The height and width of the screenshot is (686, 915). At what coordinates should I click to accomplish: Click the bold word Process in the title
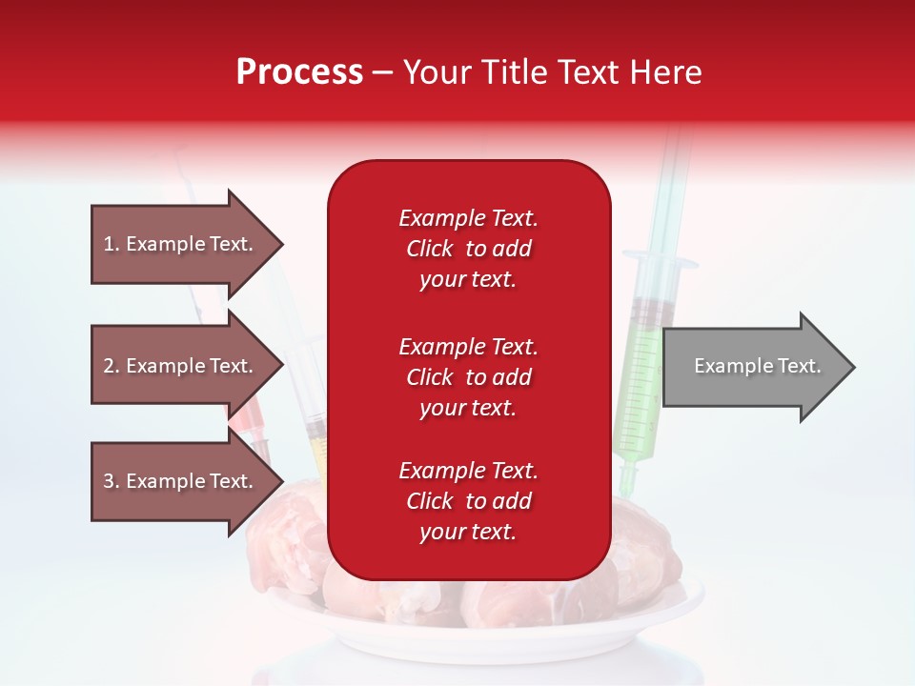click(x=299, y=72)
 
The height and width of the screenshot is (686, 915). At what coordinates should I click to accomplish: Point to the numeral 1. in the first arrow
click(x=112, y=244)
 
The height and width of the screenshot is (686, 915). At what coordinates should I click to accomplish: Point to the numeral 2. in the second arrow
click(x=112, y=366)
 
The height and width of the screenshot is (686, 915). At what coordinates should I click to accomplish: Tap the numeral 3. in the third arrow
click(x=112, y=481)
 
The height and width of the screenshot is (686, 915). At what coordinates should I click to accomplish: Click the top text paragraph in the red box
click(x=468, y=249)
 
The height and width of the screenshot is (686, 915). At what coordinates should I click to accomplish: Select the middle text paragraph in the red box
click(x=468, y=377)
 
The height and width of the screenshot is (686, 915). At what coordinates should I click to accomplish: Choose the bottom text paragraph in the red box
click(x=468, y=501)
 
